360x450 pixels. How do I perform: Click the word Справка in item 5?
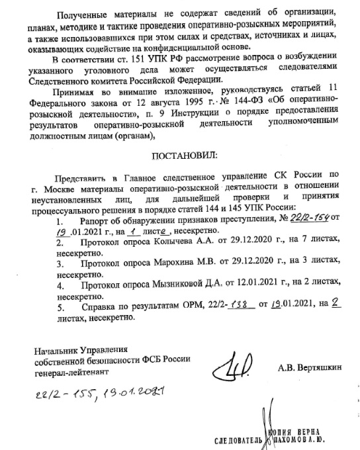click(96, 307)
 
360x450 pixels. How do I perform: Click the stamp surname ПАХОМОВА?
click(293, 438)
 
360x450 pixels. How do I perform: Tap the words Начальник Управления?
click(80, 349)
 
